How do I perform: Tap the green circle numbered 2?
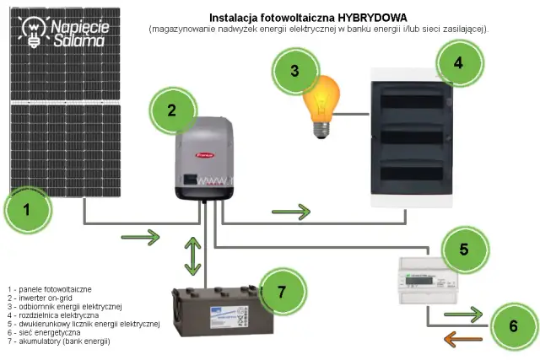pos(171,110)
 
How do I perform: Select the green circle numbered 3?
pos(294,71)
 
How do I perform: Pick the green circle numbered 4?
pos(458,62)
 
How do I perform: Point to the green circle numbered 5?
pos(463,249)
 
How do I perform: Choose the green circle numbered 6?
pos(512,325)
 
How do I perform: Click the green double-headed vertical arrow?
pos(193,257)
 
